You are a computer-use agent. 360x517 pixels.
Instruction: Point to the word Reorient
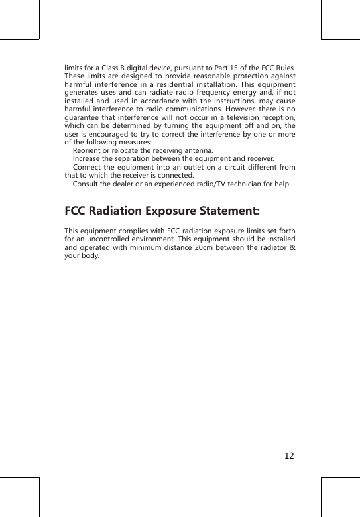pyautogui.click(x=88, y=152)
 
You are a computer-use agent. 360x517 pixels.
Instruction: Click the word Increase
pyautogui.click(x=87, y=159)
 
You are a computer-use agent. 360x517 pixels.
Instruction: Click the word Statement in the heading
pyautogui.click(x=225, y=211)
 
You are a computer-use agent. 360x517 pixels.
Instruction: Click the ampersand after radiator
pyautogui.click(x=293, y=248)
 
